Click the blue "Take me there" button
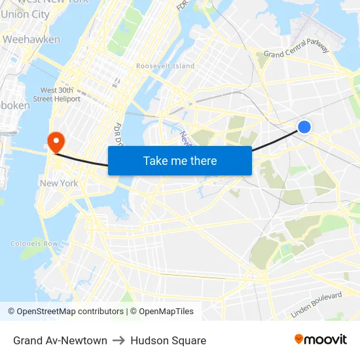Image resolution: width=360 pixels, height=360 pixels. pos(180,160)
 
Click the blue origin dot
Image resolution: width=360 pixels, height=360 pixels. pos(304,127)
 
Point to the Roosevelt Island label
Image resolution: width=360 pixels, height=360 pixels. pos(166,66)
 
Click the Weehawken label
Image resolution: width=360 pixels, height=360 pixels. pos(31,39)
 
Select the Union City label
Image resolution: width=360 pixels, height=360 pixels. pos(25,14)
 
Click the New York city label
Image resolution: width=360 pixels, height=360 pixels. pos(59,183)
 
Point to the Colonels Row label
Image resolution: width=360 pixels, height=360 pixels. pos(34,243)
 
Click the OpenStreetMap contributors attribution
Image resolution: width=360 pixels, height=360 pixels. pos(65,312)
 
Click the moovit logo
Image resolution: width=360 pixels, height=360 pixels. pos(321,340)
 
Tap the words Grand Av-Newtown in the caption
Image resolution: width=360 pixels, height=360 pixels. pos(60,340)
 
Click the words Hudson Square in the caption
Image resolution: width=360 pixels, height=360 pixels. pos(168,340)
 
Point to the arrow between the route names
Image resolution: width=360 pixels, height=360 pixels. pos(118,340)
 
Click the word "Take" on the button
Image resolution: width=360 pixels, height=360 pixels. pos(156,160)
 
